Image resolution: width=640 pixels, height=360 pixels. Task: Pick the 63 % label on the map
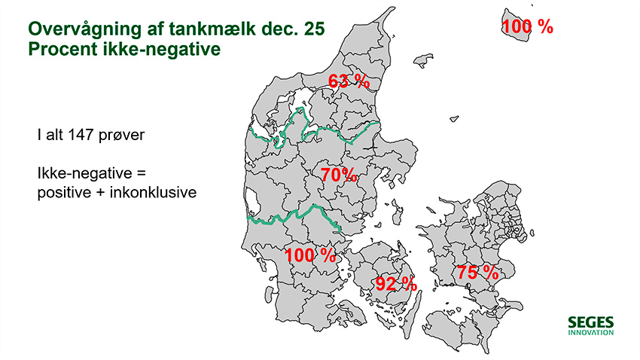[x=347, y=81]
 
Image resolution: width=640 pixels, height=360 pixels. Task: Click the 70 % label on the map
[x=338, y=175]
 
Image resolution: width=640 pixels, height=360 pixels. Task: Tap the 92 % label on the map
[x=396, y=284]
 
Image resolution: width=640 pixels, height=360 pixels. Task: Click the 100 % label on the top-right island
[x=527, y=27]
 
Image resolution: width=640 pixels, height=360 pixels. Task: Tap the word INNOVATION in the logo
[x=591, y=332]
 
